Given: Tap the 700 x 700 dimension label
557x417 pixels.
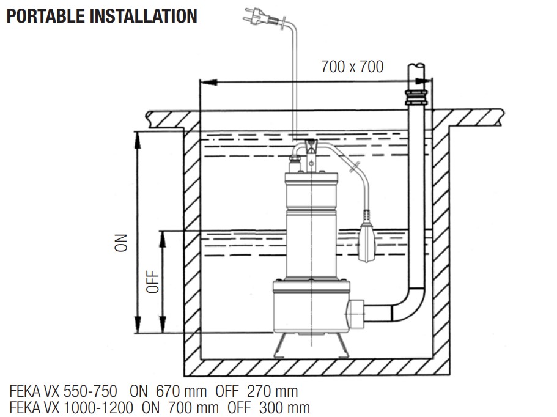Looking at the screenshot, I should [352, 67].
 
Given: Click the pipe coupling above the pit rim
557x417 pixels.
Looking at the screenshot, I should [416, 98].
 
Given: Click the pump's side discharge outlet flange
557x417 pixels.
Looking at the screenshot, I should [357, 314].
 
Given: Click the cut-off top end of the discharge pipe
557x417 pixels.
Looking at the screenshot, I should [418, 66].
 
